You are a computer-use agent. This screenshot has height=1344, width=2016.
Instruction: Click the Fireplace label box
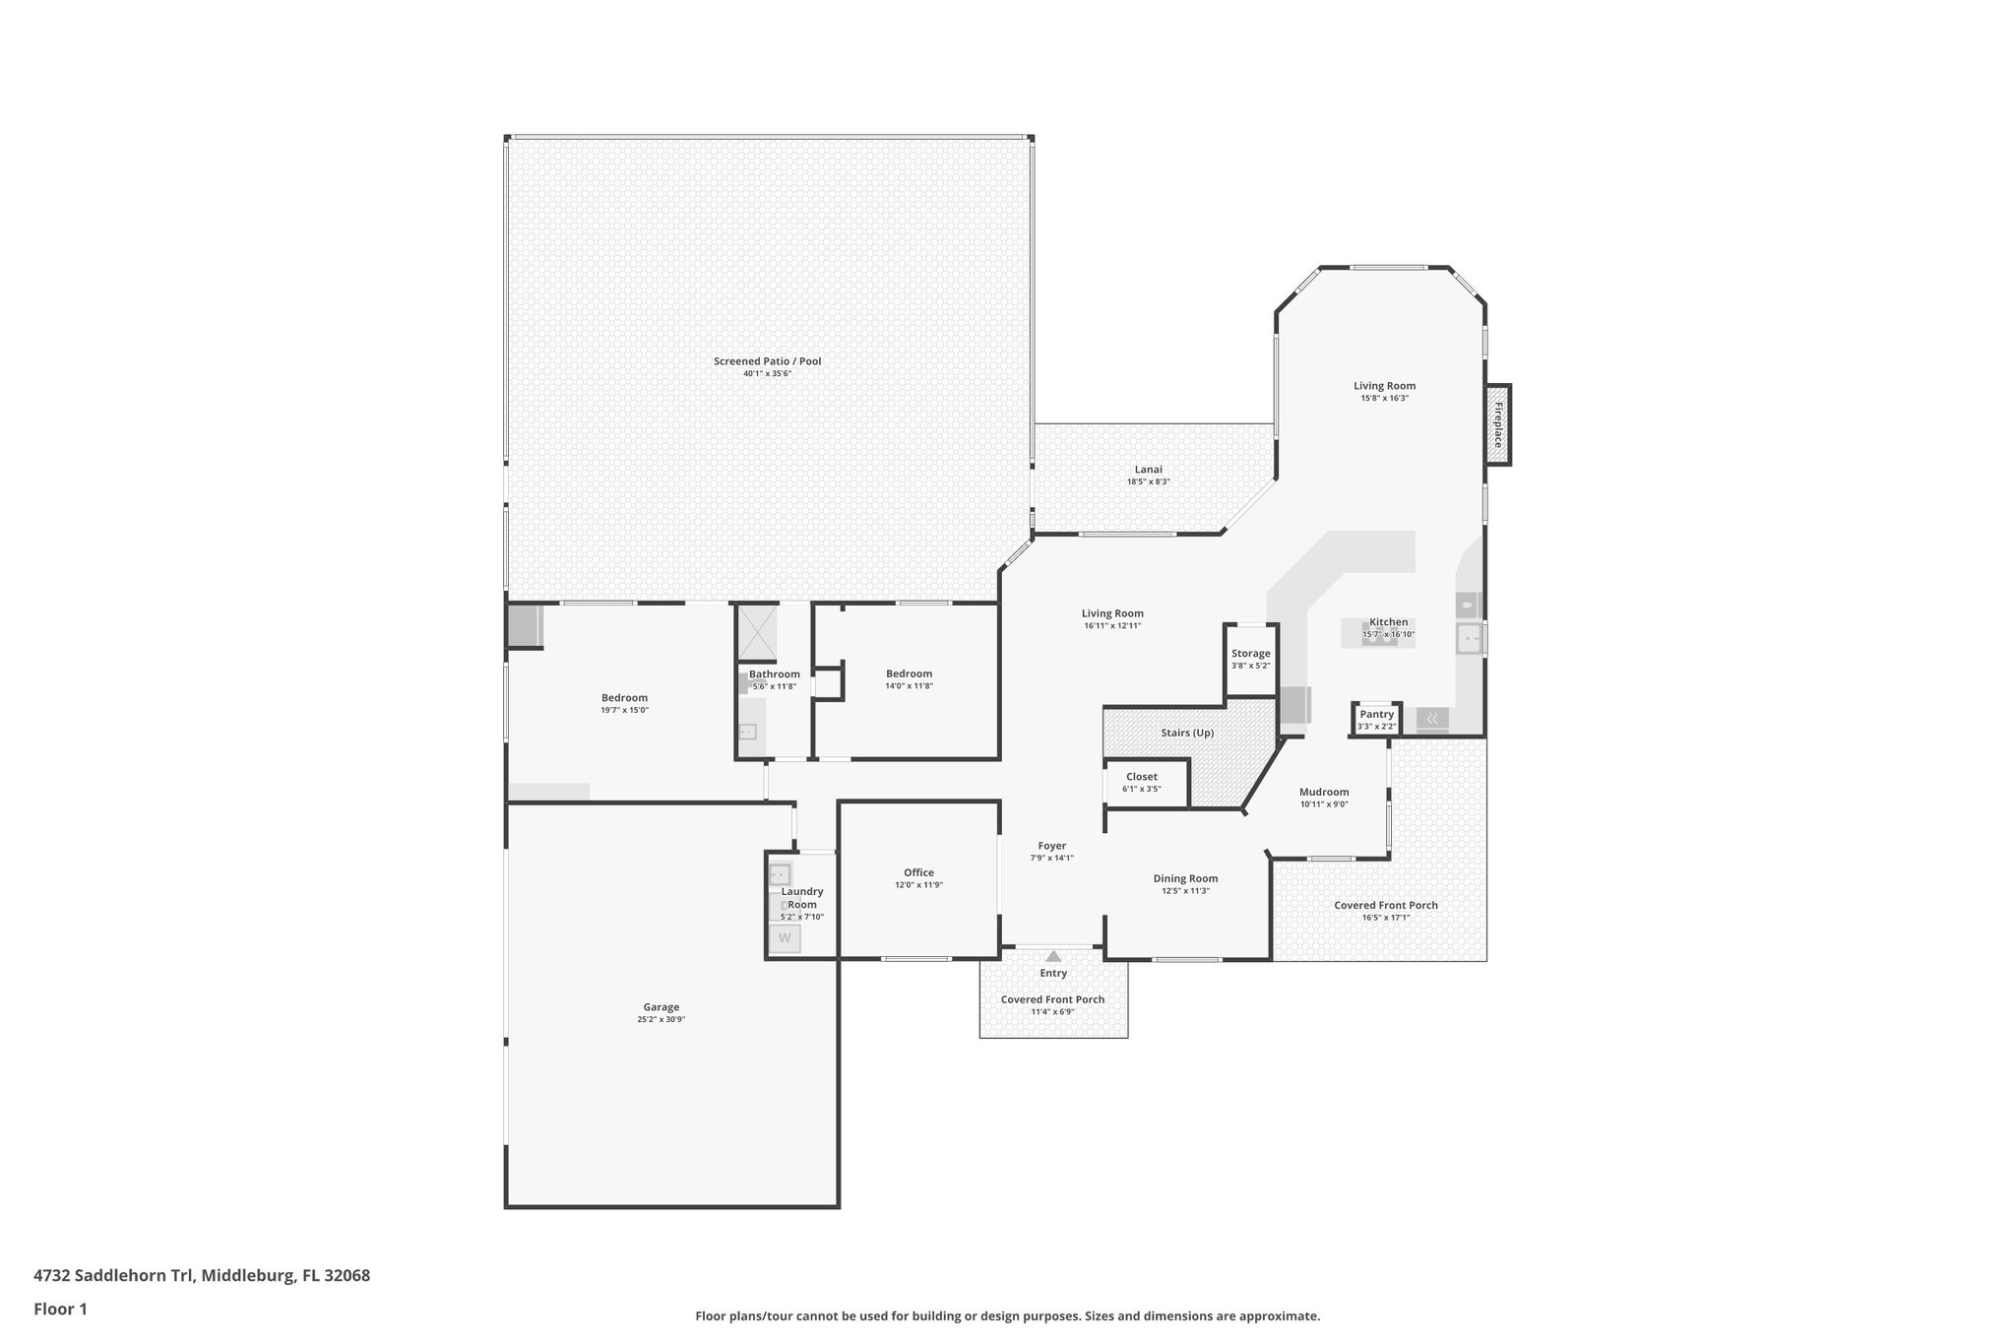click(x=1498, y=424)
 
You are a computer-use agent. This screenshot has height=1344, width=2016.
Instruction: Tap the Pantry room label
click(x=1376, y=715)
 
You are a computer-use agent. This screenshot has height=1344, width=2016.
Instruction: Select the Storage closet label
click(x=1250, y=654)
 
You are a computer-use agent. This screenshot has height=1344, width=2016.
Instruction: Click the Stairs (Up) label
click(x=1188, y=733)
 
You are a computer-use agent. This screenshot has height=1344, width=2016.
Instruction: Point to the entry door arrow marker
click(x=1053, y=956)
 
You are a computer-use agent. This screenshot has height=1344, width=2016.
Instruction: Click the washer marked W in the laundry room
click(x=785, y=938)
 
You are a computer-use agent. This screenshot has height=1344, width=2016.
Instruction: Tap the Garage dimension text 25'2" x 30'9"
click(x=661, y=1020)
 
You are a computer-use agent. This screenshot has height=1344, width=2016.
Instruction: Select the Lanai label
click(x=1148, y=470)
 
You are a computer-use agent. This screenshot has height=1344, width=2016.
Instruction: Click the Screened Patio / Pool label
click(x=767, y=361)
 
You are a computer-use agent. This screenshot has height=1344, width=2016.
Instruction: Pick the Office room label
click(x=918, y=872)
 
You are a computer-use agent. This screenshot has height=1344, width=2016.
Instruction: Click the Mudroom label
click(x=1323, y=792)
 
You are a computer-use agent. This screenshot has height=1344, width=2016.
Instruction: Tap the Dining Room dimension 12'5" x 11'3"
click(x=1185, y=891)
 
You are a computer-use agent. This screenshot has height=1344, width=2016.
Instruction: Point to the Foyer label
click(x=1051, y=846)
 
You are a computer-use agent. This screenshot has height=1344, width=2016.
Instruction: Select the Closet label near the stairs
click(x=1141, y=777)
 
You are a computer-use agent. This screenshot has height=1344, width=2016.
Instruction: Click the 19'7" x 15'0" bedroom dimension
click(x=624, y=710)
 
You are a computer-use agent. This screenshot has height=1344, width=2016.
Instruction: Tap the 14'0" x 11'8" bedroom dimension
click(x=908, y=686)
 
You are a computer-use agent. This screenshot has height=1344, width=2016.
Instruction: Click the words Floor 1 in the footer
click(x=60, y=1309)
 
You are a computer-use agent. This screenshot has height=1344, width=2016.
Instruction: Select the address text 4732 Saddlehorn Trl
click(x=114, y=1275)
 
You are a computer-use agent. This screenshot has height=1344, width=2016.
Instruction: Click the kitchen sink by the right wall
click(x=1469, y=638)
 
